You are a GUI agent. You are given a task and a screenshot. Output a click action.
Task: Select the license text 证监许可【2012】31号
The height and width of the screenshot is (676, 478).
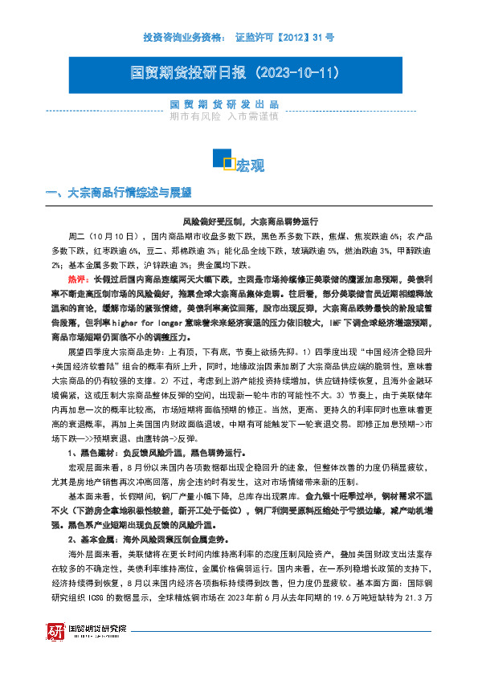(x=284, y=37)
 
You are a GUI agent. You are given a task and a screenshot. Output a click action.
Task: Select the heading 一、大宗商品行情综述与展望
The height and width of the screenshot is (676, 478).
(x=120, y=193)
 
